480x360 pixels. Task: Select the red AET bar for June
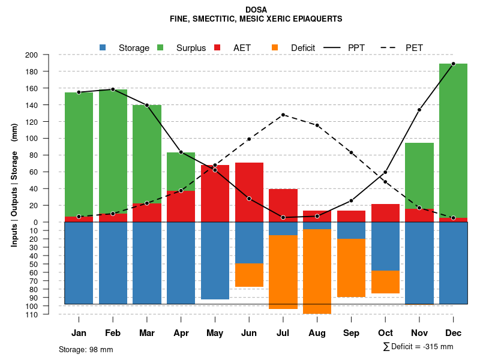[x=249, y=192]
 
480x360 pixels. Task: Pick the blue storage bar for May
[x=215, y=260]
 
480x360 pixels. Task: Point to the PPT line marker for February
[x=113, y=89]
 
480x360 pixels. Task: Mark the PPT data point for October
[x=385, y=173]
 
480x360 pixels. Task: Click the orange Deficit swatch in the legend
[x=275, y=47]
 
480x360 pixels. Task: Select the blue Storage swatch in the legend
[x=103, y=47]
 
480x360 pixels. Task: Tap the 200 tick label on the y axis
[x=48, y=55]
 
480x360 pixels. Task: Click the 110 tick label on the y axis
[x=48, y=314]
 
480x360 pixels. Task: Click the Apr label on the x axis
[x=181, y=333]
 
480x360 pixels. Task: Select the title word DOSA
[x=256, y=10]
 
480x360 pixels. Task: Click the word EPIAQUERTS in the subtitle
[x=315, y=19]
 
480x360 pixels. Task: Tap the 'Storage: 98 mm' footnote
[x=86, y=349]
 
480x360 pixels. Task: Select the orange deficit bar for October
[x=385, y=282]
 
